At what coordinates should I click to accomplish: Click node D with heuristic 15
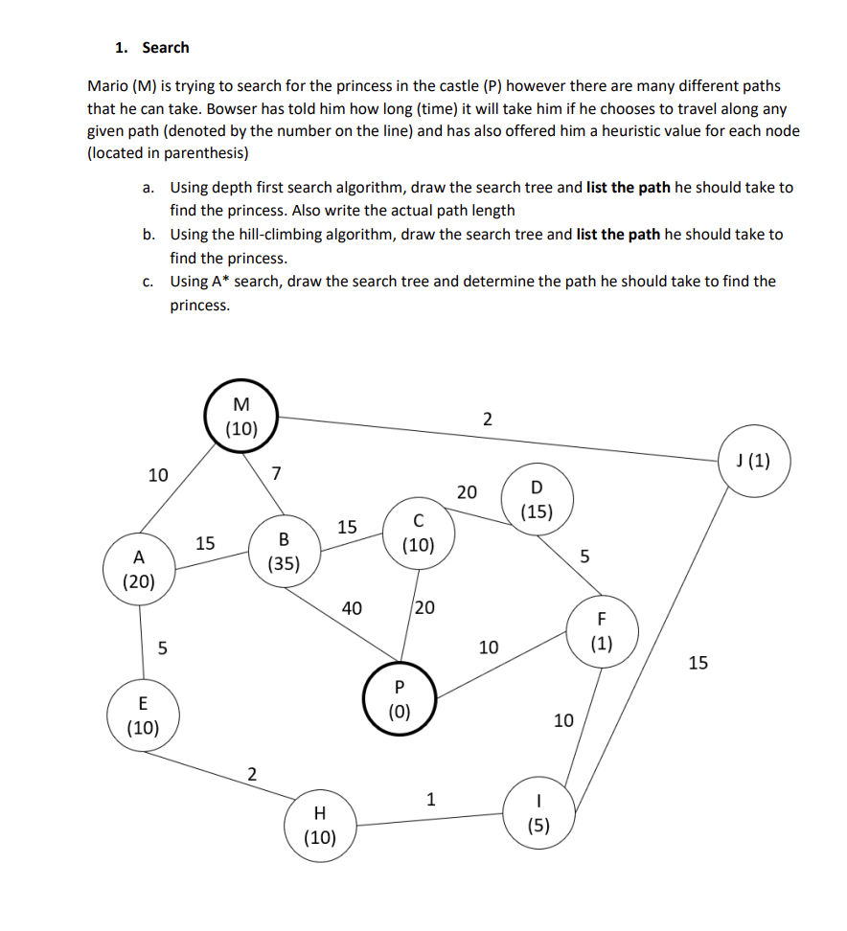(x=536, y=500)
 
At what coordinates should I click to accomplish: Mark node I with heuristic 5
(x=539, y=815)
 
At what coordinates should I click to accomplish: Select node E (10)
(x=144, y=715)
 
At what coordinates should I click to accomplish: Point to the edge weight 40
(x=352, y=606)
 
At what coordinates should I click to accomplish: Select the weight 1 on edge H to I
(x=430, y=798)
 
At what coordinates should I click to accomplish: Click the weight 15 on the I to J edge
(x=698, y=662)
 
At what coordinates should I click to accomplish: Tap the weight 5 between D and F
(x=585, y=556)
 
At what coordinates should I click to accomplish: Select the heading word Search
(x=166, y=47)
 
